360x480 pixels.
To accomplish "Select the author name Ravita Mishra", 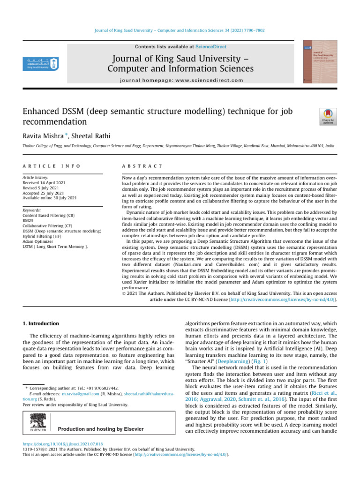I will (44, 136).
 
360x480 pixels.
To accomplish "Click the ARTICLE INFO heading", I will (52, 166).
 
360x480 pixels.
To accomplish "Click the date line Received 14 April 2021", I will (45, 182).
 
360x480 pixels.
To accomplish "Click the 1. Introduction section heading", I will (41, 323).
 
